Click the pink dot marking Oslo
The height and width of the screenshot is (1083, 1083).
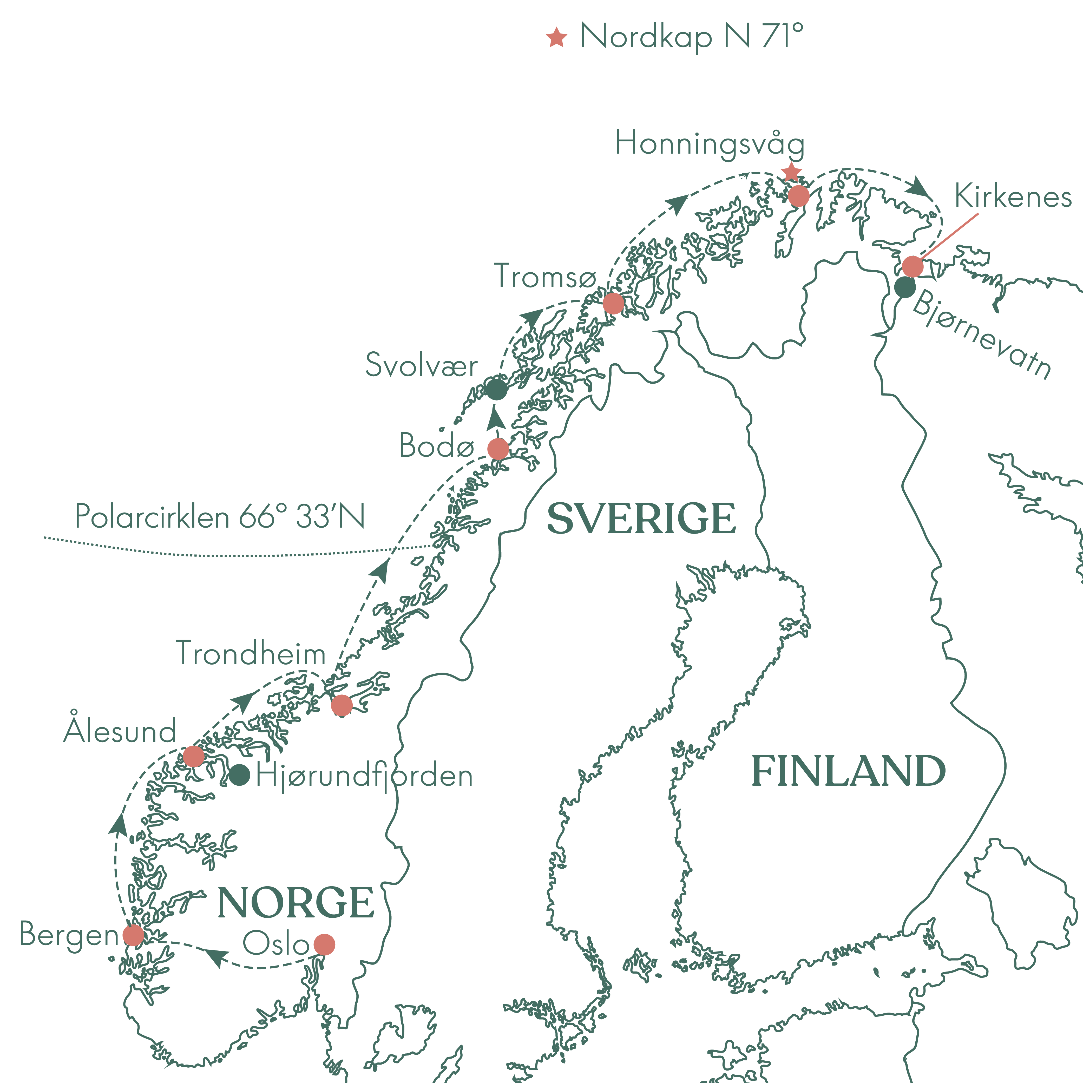click(324, 944)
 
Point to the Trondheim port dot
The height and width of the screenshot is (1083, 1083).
click(342, 705)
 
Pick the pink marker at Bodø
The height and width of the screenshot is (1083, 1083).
click(498, 448)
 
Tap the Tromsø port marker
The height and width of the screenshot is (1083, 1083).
click(613, 303)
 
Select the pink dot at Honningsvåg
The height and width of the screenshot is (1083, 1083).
click(798, 196)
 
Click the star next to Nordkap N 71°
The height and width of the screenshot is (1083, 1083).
click(557, 38)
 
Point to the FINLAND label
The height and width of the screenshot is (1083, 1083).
click(848, 771)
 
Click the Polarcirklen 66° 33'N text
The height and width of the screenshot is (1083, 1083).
click(220, 516)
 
